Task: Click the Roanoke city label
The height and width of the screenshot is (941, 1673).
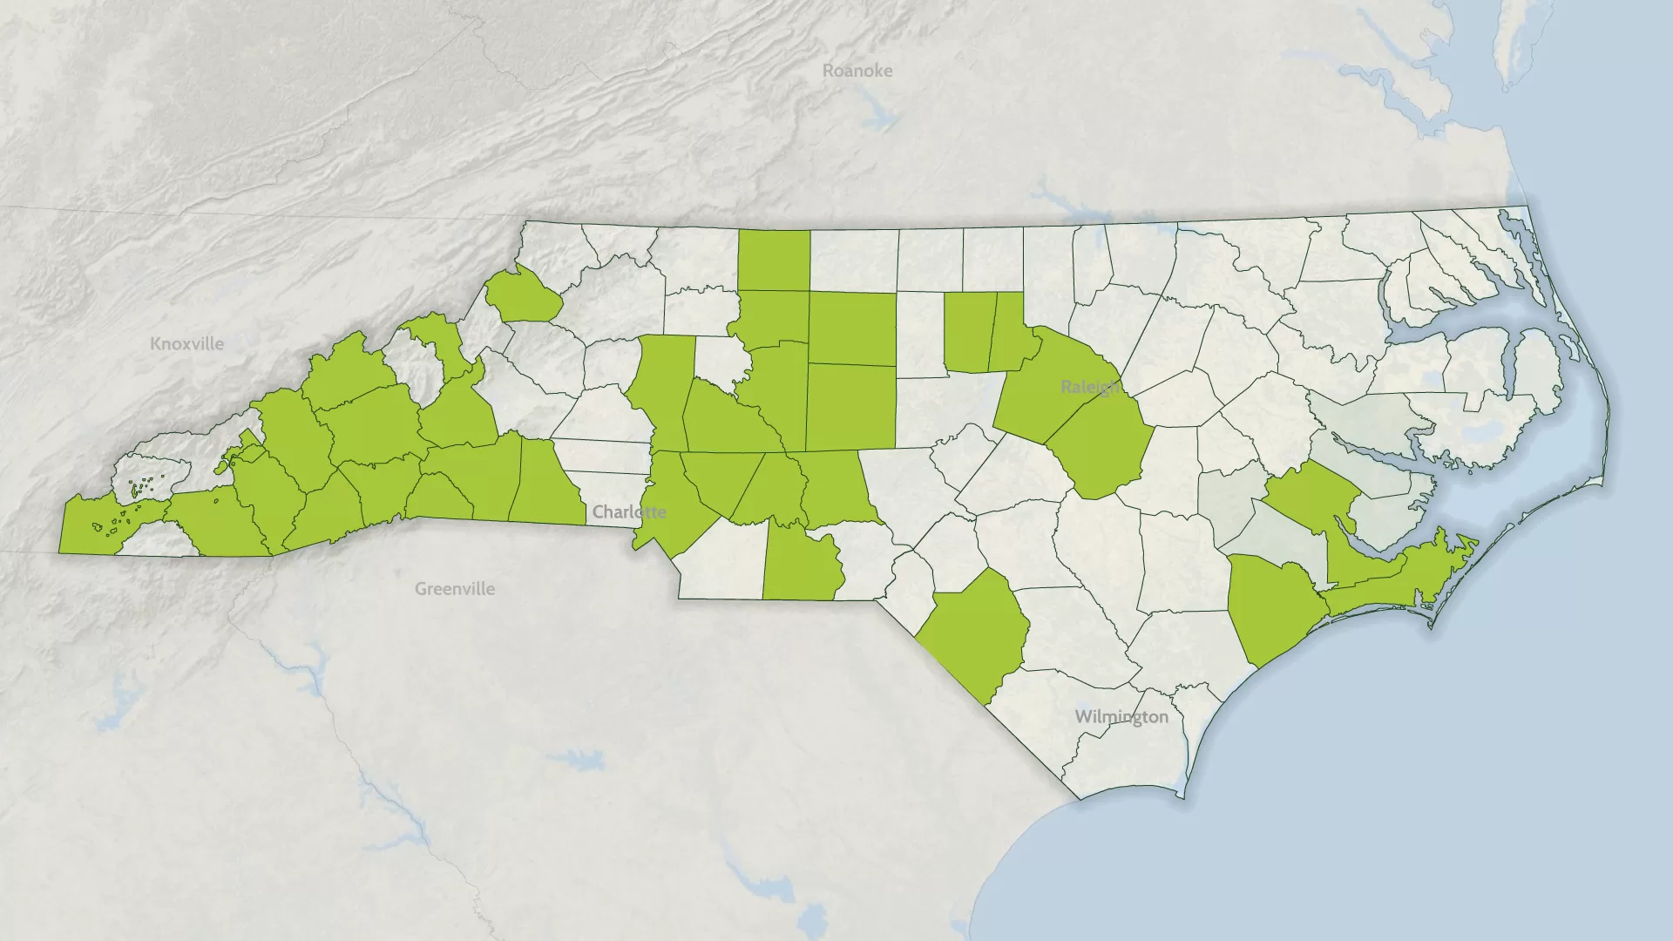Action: coord(857,71)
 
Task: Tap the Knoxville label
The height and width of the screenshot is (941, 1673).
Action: coord(186,344)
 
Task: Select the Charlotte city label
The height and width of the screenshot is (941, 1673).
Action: coord(629,511)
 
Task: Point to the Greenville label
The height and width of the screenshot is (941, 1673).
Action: coord(454,589)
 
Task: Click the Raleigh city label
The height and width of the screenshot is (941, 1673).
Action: coord(1090,387)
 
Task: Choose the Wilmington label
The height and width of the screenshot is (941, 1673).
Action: coord(1121,717)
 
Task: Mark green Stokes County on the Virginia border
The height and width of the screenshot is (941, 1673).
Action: coord(774,260)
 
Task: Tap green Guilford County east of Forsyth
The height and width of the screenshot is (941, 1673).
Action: coord(851,328)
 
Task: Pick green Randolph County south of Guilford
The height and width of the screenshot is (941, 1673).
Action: coord(850,407)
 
